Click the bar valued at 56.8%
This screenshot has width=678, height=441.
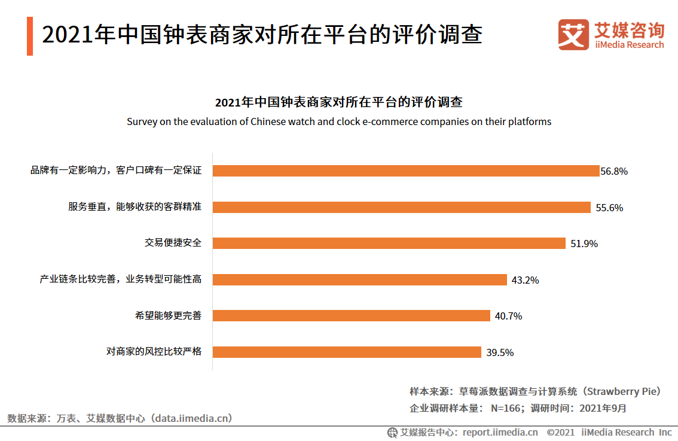pos(406,171)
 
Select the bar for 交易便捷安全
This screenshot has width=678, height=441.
pos(389,243)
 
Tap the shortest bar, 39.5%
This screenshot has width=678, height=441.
pos(347,352)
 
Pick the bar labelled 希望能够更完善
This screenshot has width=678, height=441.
pos(352,315)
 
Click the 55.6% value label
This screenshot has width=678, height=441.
pos(609,208)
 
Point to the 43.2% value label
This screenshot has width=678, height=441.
pos(525,279)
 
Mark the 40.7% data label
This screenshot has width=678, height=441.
pos(508,316)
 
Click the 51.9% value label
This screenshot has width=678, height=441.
pos(584,244)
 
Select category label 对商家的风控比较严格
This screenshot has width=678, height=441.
pos(154,352)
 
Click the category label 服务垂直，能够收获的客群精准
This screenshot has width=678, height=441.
pos(135,207)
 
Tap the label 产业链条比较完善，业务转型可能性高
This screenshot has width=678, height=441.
pos(120,279)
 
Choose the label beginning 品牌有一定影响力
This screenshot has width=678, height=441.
pos(116,171)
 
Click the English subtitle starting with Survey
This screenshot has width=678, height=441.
pos(338,121)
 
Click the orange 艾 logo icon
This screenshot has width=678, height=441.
pos(573,35)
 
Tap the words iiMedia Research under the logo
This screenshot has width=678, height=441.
pos(629,45)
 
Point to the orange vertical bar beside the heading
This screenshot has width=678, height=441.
pos(30,36)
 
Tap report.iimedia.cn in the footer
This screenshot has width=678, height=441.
pos(500,432)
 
